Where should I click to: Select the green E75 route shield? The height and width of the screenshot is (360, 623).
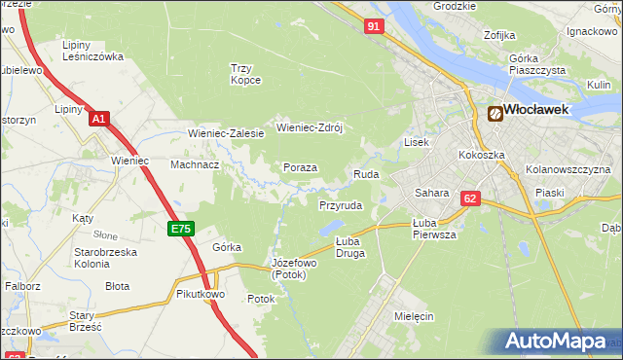click(181, 229)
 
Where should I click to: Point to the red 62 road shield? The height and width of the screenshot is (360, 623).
click(471, 198)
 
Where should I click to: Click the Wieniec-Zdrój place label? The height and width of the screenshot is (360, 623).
click(311, 127)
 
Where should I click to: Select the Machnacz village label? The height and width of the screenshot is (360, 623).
click(195, 165)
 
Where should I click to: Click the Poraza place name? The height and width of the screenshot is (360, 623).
click(300, 167)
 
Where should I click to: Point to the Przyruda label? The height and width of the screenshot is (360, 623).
click(341, 206)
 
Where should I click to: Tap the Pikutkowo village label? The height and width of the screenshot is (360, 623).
click(201, 293)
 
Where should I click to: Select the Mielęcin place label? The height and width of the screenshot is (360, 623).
click(414, 316)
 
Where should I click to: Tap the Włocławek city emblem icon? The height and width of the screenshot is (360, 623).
click(495, 113)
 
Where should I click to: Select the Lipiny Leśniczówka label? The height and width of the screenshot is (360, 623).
click(92, 51)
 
